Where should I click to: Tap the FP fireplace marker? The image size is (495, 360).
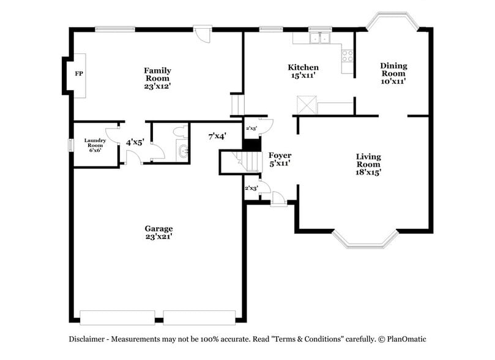tap(78, 74)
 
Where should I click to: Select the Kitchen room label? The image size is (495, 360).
tap(303, 67)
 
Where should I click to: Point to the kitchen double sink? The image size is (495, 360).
tap(319, 39)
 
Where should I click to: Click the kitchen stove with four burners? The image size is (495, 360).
tap(348, 56)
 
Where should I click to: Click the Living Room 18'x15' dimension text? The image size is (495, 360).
tap(368, 173)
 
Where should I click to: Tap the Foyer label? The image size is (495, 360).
tap(280, 156)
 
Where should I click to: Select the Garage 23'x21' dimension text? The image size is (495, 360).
tap(158, 236)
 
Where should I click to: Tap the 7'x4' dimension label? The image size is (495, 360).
tap(217, 137)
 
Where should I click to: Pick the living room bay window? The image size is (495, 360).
tap(365, 239)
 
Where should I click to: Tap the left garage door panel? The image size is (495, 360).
tap(117, 317)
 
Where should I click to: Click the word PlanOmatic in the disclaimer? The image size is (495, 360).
tap(404, 339)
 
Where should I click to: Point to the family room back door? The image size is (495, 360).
tap(202, 32)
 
